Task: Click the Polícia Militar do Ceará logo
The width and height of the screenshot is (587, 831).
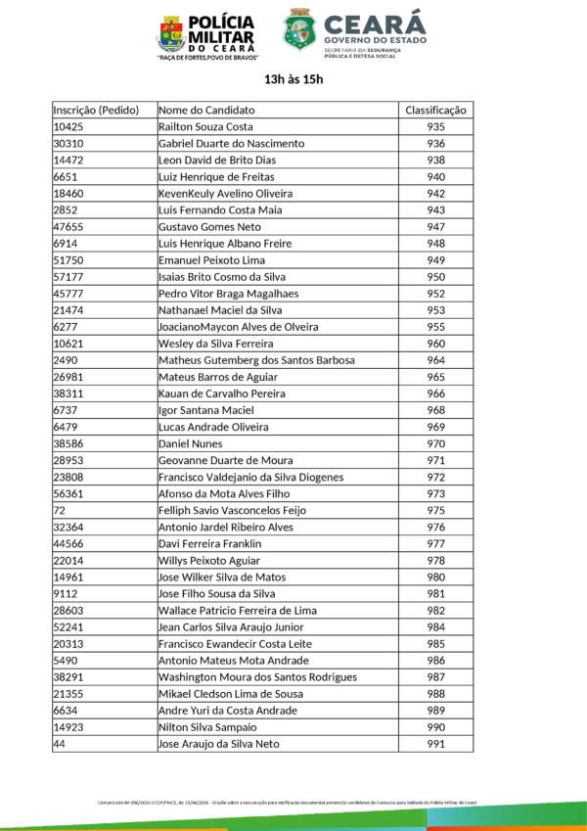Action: click(x=205, y=37)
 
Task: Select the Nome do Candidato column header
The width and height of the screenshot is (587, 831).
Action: click(x=206, y=110)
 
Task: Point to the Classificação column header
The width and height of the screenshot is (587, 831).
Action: click(x=436, y=110)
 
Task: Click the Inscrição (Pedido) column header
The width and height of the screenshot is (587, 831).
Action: click(x=96, y=110)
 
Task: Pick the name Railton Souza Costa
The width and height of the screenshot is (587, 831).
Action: click(x=205, y=127)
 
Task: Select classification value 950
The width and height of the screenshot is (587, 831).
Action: click(x=436, y=277)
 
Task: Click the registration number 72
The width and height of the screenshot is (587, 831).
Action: click(x=60, y=510)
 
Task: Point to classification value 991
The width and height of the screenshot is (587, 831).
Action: click(x=436, y=744)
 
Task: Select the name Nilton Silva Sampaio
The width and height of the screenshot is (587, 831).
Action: click(x=207, y=727)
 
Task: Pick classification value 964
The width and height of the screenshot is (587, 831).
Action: click(x=436, y=360)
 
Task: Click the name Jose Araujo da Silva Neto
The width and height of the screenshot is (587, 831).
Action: click(x=219, y=744)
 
